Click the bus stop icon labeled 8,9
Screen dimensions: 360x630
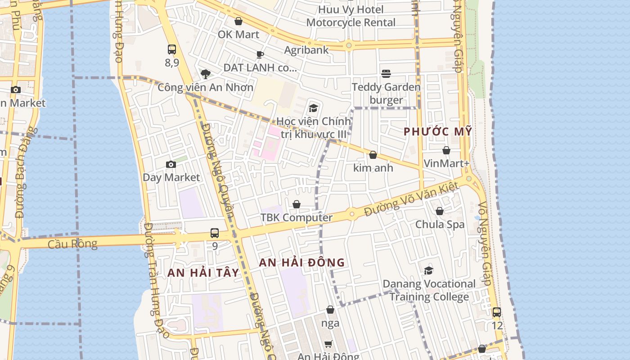[x=171, y=49]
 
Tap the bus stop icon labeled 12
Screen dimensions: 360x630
[x=497, y=312]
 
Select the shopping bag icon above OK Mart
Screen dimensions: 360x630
[x=238, y=21]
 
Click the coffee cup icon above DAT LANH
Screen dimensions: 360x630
[x=260, y=54]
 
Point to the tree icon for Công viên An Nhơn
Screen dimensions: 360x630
[x=206, y=74]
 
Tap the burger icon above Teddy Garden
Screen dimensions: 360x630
[x=386, y=73]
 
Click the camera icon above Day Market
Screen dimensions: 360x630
[x=171, y=164]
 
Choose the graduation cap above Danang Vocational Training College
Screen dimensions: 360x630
[x=428, y=270]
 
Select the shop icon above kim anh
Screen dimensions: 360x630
[x=373, y=155]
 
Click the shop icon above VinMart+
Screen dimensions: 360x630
[x=446, y=150]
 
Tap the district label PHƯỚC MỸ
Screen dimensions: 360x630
[x=438, y=131]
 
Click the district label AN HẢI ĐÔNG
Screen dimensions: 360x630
[x=302, y=262]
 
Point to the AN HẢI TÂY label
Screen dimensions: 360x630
[x=203, y=273]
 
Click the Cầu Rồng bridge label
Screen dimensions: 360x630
[x=72, y=244]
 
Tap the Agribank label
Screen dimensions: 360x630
[x=306, y=49]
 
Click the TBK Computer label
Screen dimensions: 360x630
[x=297, y=217]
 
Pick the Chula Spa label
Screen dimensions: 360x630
[x=440, y=224]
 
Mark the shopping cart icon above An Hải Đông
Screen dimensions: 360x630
[x=328, y=344]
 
